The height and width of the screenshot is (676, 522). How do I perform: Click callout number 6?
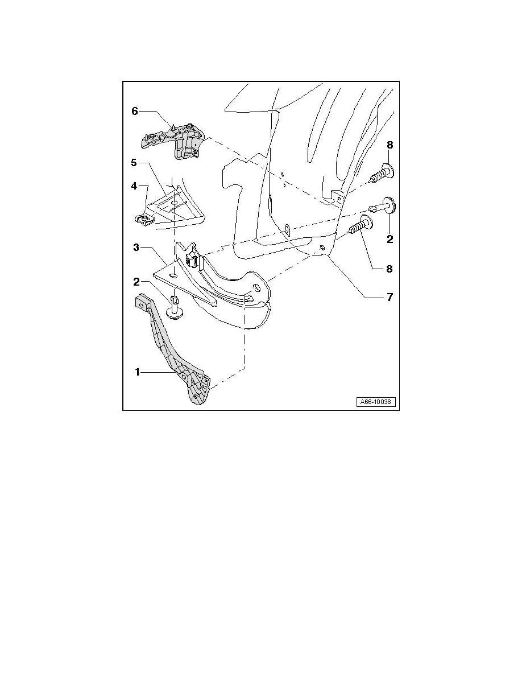(x=135, y=111)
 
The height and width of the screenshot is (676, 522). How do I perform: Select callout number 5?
(x=134, y=163)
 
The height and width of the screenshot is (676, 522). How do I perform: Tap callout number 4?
(x=134, y=186)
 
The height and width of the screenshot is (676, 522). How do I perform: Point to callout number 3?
(x=136, y=248)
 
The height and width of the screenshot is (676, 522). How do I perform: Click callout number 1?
(x=138, y=372)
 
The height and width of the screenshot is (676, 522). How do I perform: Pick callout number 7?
(x=390, y=297)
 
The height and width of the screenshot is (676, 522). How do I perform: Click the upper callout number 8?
(x=390, y=145)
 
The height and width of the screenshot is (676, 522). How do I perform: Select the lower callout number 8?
(x=390, y=269)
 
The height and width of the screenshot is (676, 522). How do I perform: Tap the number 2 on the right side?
(x=390, y=238)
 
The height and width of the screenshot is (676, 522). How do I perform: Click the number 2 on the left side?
(x=136, y=282)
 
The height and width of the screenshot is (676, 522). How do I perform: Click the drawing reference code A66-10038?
(x=375, y=402)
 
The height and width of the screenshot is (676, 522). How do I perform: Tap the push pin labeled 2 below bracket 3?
(x=175, y=307)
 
